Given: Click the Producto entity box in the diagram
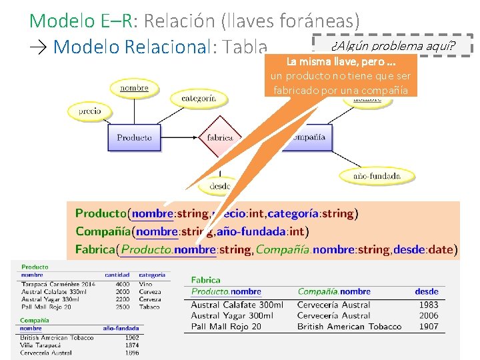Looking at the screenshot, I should [134, 137].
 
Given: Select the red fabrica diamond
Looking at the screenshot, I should [219, 137].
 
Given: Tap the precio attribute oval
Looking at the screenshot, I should [89, 111].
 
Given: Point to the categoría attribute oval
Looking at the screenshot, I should [199, 98].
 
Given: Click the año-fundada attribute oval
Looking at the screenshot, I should [377, 176].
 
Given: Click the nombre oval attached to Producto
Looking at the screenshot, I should [134, 87].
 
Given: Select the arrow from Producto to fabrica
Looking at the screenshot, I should [181, 137].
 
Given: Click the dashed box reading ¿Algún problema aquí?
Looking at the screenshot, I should [393, 45].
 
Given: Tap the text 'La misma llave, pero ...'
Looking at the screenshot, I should [340, 62].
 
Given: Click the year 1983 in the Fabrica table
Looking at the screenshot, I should [428, 305].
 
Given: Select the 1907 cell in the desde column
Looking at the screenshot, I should [428, 326].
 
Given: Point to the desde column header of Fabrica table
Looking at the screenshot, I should [426, 291].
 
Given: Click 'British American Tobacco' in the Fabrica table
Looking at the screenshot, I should [349, 326].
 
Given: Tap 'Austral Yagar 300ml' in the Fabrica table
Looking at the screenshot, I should [237, 315].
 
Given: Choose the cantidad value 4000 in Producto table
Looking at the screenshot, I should [123, 284].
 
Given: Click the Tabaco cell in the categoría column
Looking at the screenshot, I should [149, 307].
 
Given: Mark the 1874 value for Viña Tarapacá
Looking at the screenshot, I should [132, 345].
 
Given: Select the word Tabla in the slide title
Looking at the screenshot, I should [246, 47].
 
